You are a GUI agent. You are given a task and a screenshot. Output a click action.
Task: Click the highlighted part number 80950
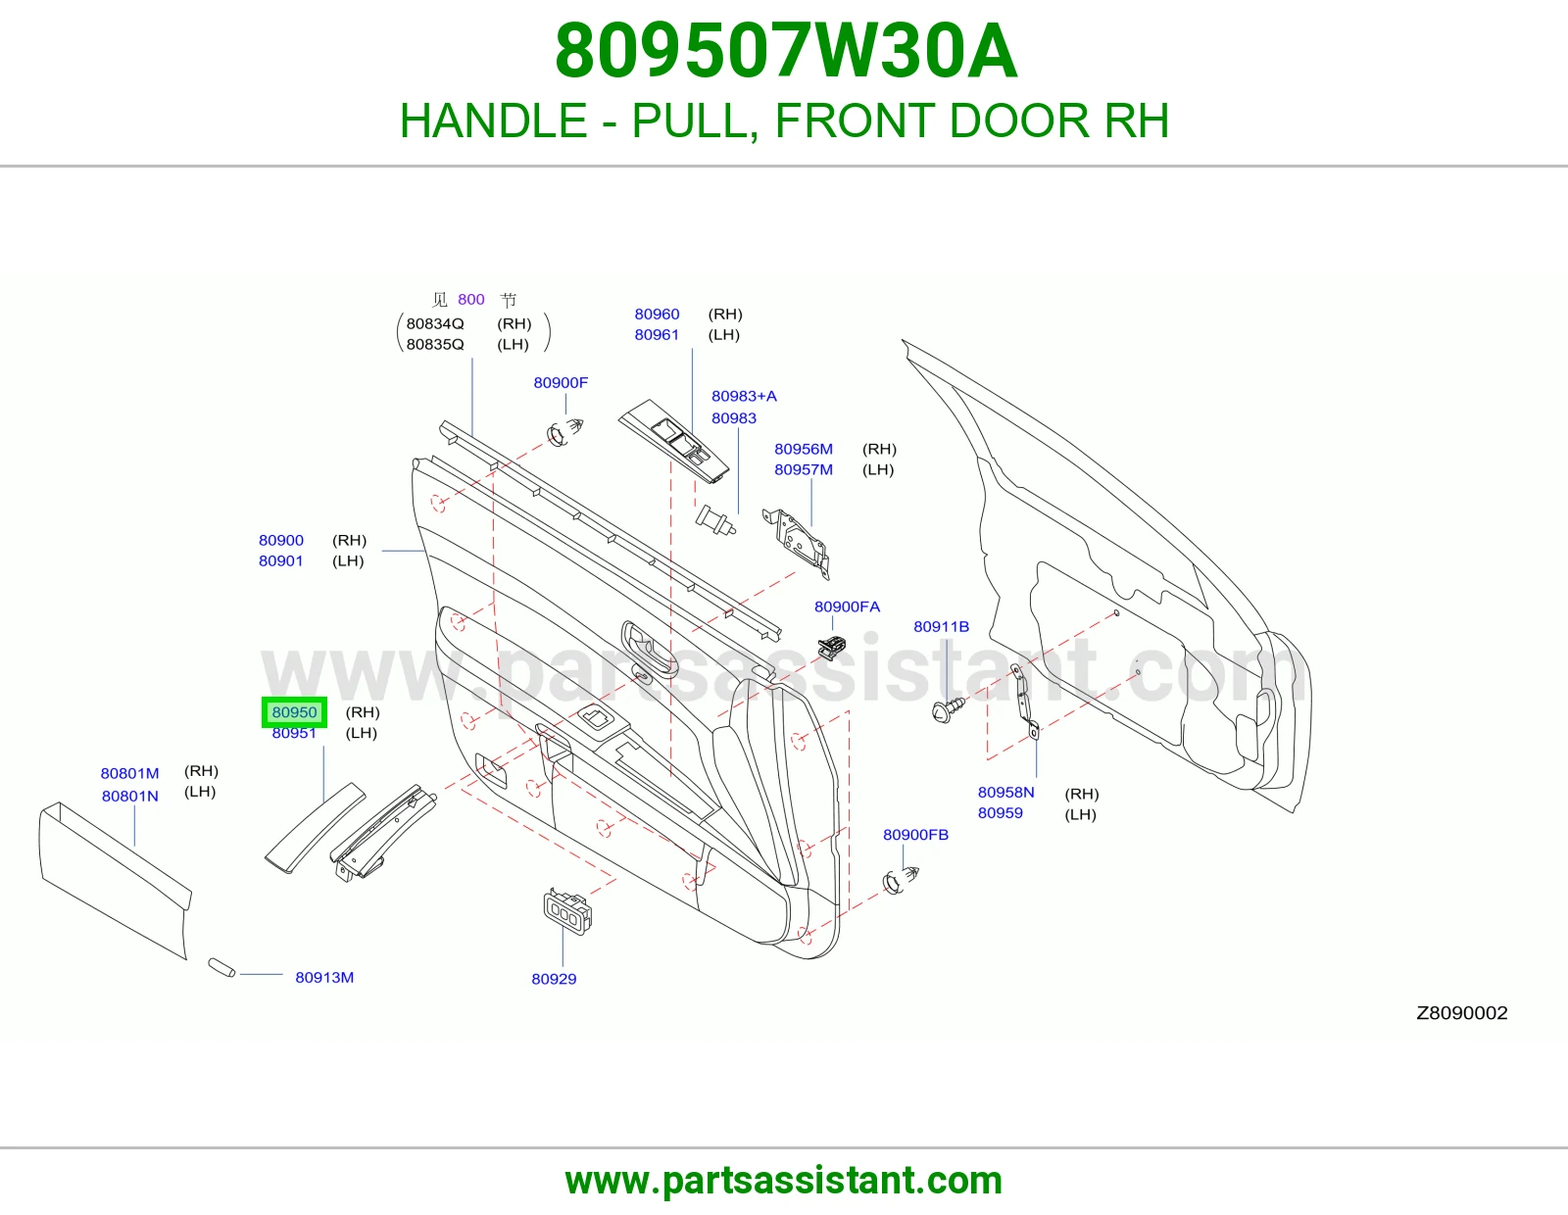tap(294, 712)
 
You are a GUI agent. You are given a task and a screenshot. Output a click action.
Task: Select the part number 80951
tap(294, 733)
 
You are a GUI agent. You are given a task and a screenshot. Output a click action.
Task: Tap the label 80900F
tap(561, 382)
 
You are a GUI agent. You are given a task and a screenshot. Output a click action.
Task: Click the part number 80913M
tap(324, 977)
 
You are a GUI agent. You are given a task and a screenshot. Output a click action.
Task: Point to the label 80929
tap(554, 978)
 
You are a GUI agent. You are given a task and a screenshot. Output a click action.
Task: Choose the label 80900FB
tap(915, 834)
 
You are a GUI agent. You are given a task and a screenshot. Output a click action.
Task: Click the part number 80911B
tap(941, 626)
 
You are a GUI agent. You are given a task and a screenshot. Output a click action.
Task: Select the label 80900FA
tap(847, 607)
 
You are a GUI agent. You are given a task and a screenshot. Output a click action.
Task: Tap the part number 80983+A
tap(744, 396)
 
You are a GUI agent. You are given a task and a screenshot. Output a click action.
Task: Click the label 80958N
tap(1005, 793)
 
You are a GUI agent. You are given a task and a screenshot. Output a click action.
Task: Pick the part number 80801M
tap(130, 773)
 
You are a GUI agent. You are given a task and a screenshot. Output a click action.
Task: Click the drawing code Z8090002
tap(1462, 1013)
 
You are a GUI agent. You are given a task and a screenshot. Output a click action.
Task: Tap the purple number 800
tap(471, 300)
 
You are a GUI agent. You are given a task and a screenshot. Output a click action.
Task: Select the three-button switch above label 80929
tap(567, 911)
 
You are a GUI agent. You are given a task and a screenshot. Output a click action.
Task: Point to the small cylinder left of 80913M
tap(221, 967)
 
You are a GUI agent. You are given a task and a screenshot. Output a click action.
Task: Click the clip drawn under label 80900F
tap(565, 431)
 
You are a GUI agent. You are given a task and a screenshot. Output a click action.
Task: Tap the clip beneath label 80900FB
tap(901, 880)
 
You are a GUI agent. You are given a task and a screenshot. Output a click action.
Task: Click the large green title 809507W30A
tap(786, 51)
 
